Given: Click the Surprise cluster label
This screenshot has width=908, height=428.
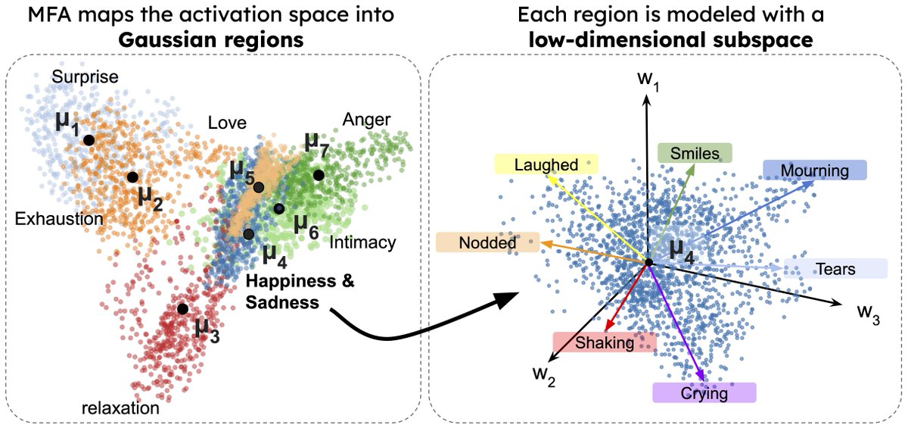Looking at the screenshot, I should coord(85,77).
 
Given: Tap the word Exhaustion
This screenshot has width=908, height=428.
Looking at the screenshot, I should coord(59,220).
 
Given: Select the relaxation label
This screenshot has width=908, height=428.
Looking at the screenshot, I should coord(120,408).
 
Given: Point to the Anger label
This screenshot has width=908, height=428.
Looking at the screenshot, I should coord(366,119).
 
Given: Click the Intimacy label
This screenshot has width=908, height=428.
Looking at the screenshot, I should coord(363,242).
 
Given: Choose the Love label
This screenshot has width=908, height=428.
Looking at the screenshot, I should coord(227,123).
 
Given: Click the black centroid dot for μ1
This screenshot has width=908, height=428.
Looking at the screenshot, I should coord(89,140).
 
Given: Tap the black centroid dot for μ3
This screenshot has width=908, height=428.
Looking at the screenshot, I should coord(182,309).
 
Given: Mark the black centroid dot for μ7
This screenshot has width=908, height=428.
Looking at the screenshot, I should coord(319,175).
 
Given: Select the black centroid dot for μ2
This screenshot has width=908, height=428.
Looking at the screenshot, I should coord(132,177).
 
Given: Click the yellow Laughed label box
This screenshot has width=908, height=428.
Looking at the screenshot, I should coord(546,164).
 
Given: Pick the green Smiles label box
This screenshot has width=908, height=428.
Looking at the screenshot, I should coord(694,154).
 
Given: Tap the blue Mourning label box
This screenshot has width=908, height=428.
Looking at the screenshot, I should coord(814,170).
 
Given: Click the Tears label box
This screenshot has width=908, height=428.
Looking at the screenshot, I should coord(835,269).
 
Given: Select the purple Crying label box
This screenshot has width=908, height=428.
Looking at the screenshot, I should coord(704,393).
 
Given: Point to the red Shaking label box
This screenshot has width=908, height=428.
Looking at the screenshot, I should coord(605,343).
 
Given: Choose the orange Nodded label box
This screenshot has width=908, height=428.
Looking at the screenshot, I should coord(488,242).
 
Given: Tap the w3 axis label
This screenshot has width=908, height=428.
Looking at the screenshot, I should coord(867,314).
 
